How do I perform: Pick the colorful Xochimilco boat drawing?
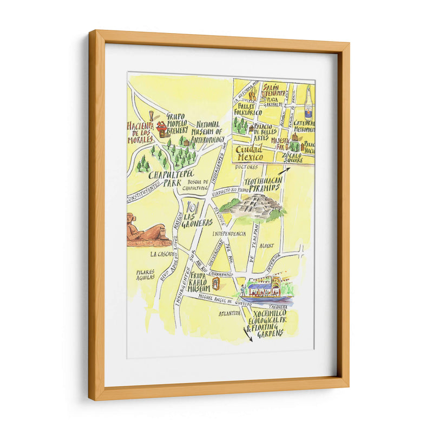point(267,290)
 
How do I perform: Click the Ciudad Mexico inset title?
point(249,153)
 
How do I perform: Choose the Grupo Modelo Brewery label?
point(176,123)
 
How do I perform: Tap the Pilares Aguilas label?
point(145,274)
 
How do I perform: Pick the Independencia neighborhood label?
point(229,234)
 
